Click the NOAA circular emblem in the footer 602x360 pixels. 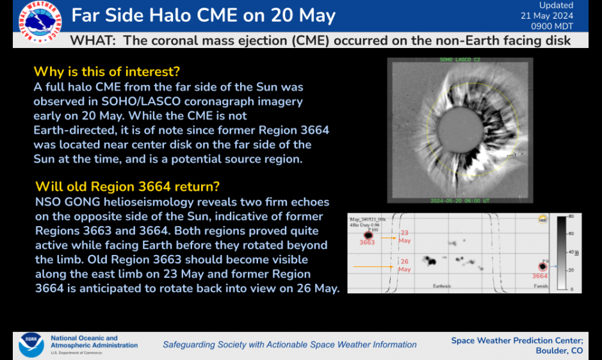tap(31, 344)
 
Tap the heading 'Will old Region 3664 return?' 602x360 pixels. tap(127, 186)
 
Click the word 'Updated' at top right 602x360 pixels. tap(556, 6)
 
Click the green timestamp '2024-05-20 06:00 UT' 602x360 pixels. tap(460, 200)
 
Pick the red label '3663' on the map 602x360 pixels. tap(367, 243)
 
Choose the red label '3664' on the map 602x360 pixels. tap(539, 276)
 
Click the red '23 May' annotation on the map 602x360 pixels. tap(405, 236)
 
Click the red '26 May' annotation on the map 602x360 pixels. tap(405, 266)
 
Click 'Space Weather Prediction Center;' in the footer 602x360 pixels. tap(517, 340)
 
